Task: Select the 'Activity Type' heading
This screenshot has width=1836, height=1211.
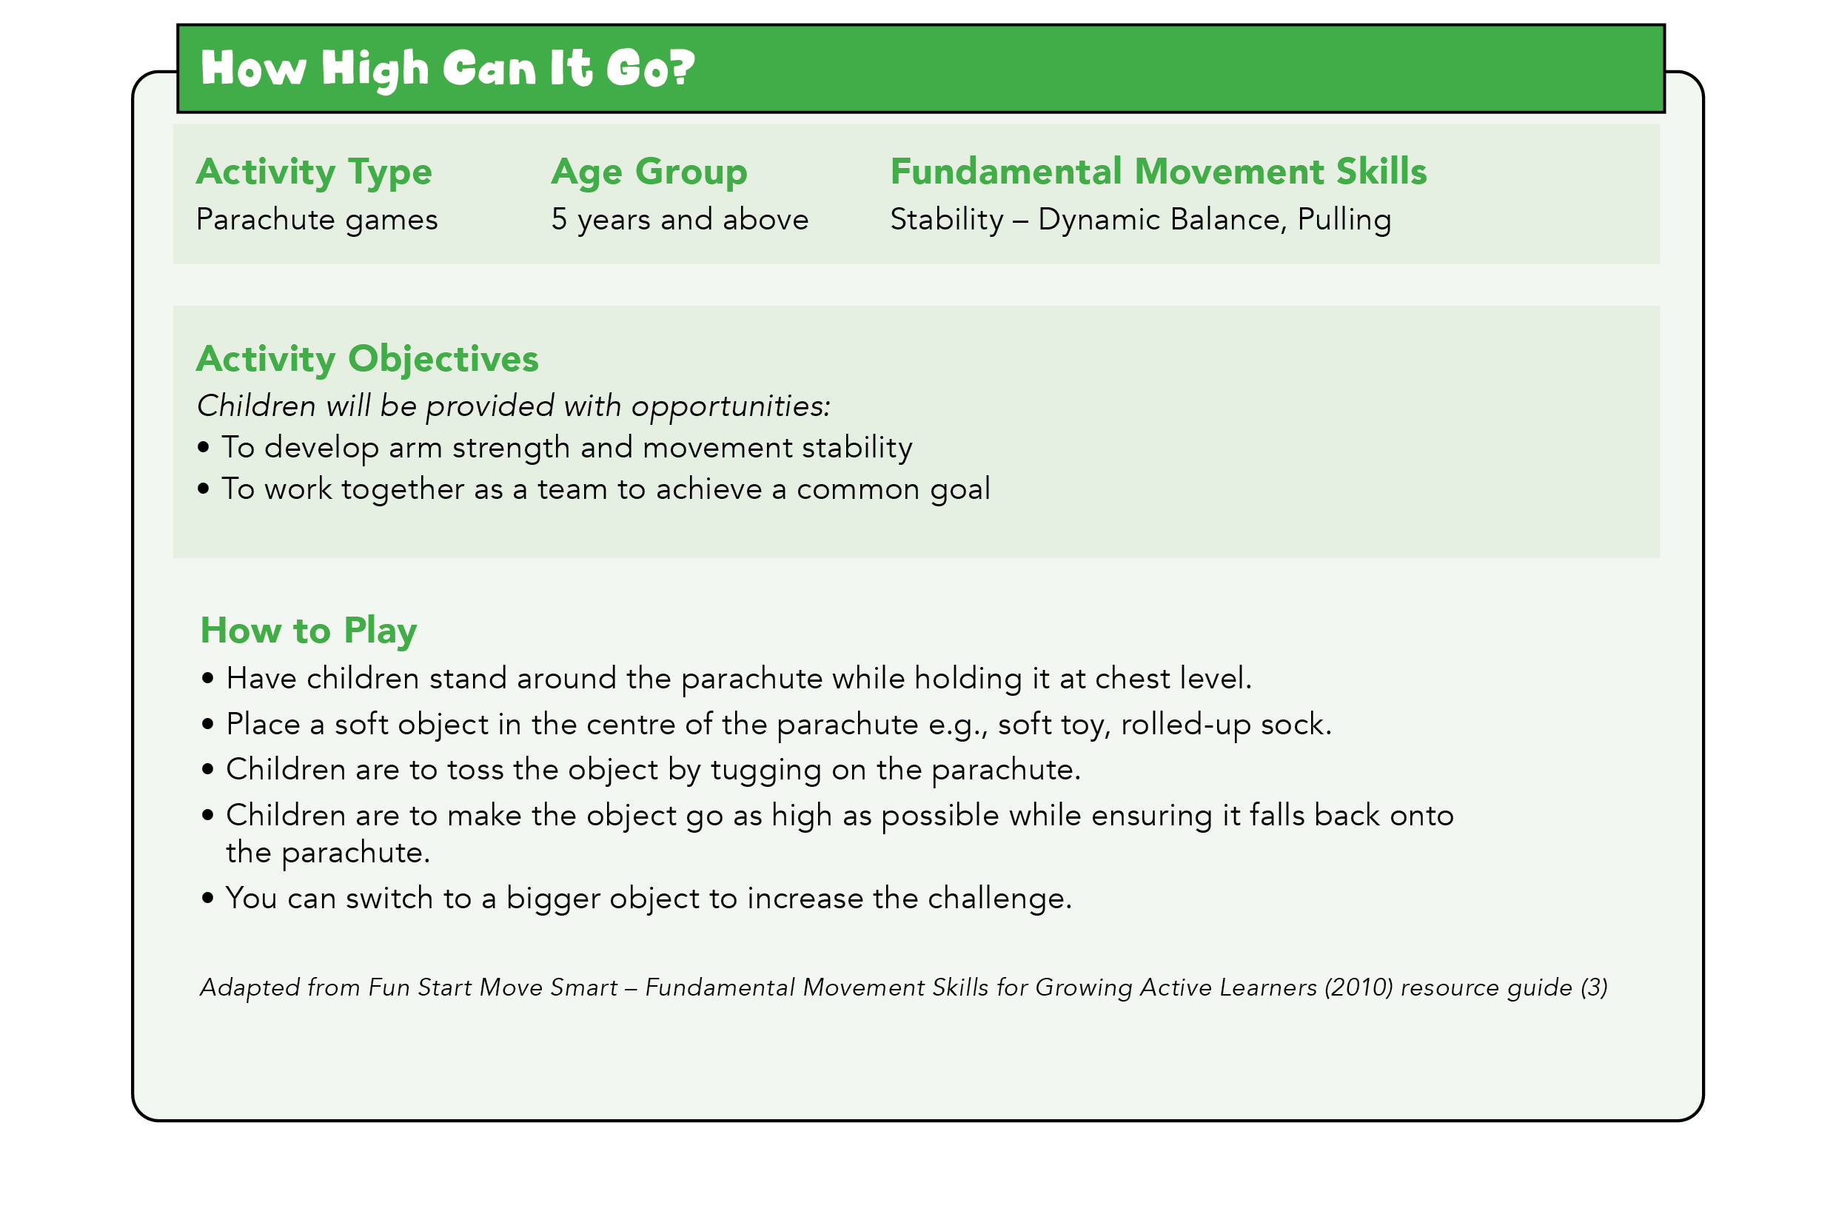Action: click(314, 172)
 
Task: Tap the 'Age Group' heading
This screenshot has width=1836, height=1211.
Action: click(649, 172)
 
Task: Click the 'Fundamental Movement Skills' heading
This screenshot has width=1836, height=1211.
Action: click(1158, 172)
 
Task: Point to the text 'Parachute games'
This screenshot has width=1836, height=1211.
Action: click(317, 220)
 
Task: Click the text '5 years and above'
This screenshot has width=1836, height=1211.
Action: click(679, 220)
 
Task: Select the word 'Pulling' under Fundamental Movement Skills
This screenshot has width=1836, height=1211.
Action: click(1344, 220)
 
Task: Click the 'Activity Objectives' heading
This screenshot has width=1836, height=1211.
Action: click(368, 359)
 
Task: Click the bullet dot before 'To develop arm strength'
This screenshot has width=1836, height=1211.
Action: click(203, 447)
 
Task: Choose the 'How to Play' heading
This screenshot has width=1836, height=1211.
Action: click(308, 631)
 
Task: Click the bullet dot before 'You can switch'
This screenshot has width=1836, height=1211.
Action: click(207, 898)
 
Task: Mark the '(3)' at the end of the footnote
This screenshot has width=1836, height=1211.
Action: click(1594, 987)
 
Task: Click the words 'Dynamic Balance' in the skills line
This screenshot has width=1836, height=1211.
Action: click(1162, 220)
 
